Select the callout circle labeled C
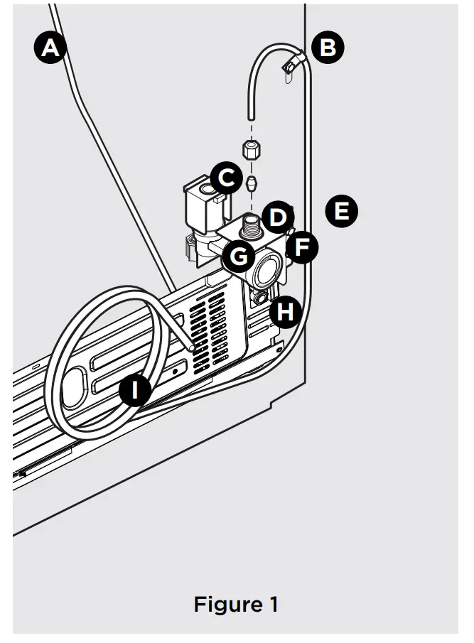(225, 178)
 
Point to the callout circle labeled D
(277, 217)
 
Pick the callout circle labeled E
(342, 211)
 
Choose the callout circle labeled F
(302, 247)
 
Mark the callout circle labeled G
(239, 255)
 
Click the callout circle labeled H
(286, 311)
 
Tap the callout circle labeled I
(135, 390)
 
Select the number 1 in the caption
(273, 605)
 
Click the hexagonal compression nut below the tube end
(251, 149)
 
